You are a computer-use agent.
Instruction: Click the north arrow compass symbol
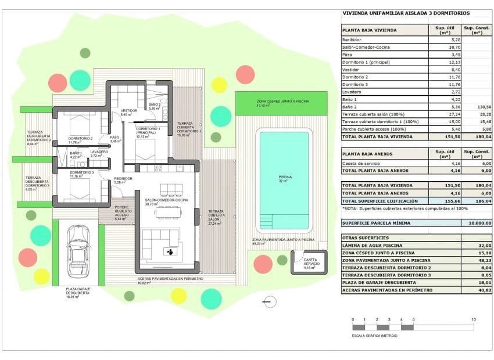click(x=269, y=301)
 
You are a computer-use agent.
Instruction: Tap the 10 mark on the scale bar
click(x=474, y=320)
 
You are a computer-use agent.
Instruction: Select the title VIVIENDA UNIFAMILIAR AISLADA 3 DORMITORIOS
click(x=406, y=13)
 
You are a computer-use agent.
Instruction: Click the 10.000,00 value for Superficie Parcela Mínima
click(x=476, y=223)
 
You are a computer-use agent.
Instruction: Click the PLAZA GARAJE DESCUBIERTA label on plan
click(x=78, y=293)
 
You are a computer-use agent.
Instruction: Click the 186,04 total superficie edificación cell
click(x=476, y=200)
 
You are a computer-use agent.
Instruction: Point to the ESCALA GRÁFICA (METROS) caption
click(x=374, y=336)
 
